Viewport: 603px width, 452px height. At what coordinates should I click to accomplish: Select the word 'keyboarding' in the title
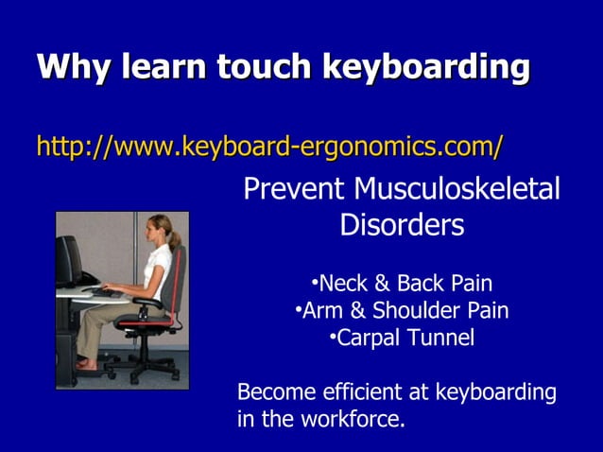click(x=426, y=68)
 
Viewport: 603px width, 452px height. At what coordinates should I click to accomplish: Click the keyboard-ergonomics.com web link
click(x=269, y=147)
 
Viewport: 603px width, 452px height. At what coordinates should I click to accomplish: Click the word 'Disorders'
click(x=402, y=225)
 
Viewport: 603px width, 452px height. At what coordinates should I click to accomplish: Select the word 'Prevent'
click(x=294, y=189)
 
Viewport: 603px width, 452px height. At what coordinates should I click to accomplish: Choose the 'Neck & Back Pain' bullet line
click(x=402, y=284)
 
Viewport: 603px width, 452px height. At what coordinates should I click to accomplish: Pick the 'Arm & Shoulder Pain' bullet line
click(x=402, y=310)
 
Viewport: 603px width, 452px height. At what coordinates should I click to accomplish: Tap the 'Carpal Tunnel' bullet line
click(x=402, y=338)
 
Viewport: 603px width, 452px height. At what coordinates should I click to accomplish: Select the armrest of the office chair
click(x=146, y=302)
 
